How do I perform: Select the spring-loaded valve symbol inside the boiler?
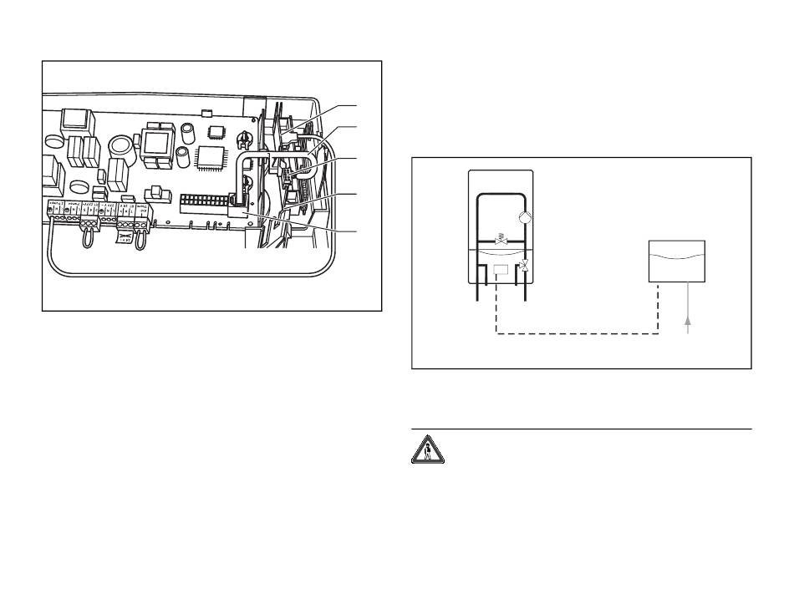pos(501,239)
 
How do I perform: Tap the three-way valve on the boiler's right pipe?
pos(524,267)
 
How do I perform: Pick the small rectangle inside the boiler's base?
pos(501,271)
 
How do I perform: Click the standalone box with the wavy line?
pos(678,261)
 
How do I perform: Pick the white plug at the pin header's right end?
pos(237,211)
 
